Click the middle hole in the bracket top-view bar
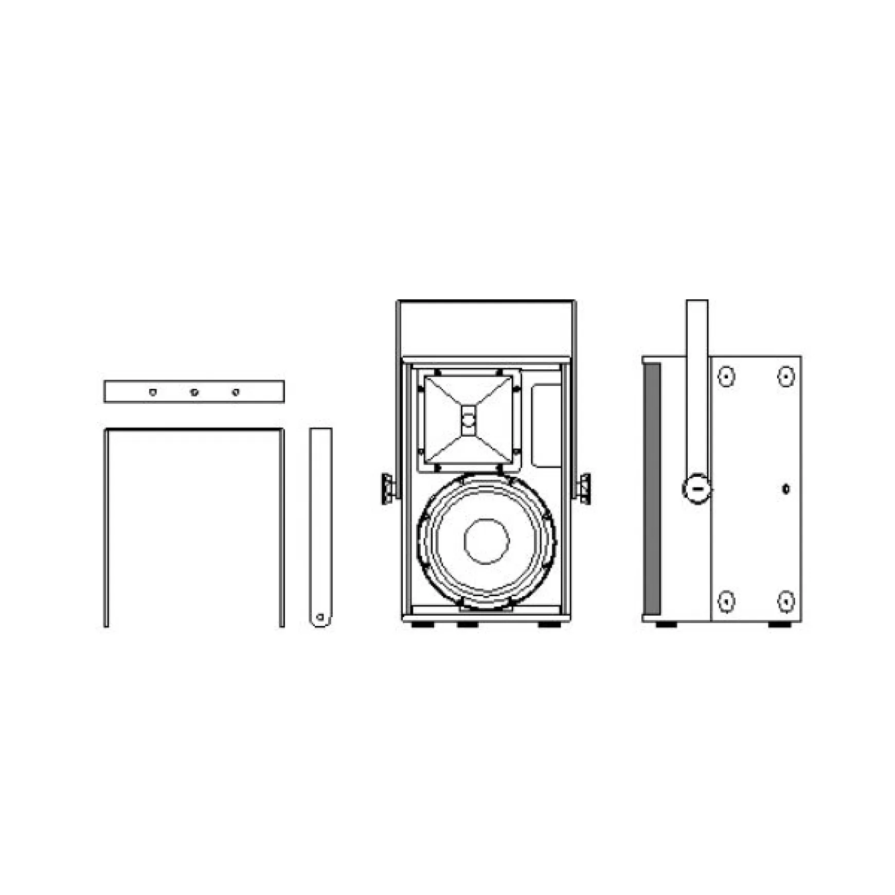[194, 392]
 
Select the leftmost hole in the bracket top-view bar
[153, 392]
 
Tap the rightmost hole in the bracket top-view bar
[236, 392]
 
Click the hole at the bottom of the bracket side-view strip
[320, 617]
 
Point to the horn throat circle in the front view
[468, 420]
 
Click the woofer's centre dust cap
[486, 541]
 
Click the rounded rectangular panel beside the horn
[546, 425]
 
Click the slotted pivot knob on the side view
[697, 488]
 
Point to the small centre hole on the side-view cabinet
[785, 489]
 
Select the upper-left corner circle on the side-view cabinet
[726, 377]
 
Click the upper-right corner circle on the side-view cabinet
[785, 377]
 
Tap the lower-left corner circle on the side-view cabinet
[726, 601]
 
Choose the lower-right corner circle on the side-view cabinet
[785, 601]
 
